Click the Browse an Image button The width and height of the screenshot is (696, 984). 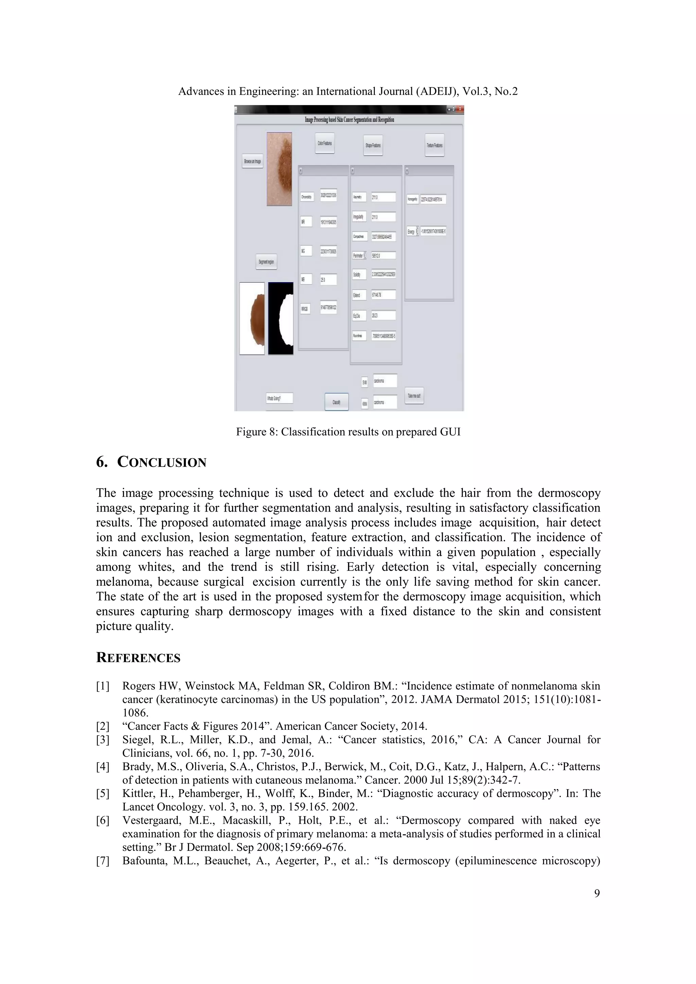[x=253, y=161]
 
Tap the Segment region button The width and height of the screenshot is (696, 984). [x=266, y=261]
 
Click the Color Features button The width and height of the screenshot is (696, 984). [x=325, y=143]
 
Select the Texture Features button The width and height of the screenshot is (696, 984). [x=435, y=145]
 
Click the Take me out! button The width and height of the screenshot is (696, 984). [x=414, y=396]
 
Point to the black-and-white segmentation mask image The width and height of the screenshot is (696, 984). [x=281, y=318]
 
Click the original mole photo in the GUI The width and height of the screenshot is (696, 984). [x=279, y=169]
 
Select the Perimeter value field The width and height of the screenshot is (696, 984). [x=383, y=255]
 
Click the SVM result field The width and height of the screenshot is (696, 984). [x=385, y=381]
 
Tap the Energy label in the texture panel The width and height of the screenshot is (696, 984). [x=411, y=231]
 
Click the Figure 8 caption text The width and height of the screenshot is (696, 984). [x=348, y=432]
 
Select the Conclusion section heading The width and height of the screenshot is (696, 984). [x=151, y=462]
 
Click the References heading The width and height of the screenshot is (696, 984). [x=138, y=657]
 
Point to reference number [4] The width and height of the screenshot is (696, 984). [x=103, y=767]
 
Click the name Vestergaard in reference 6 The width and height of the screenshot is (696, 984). [x=148, y=820]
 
